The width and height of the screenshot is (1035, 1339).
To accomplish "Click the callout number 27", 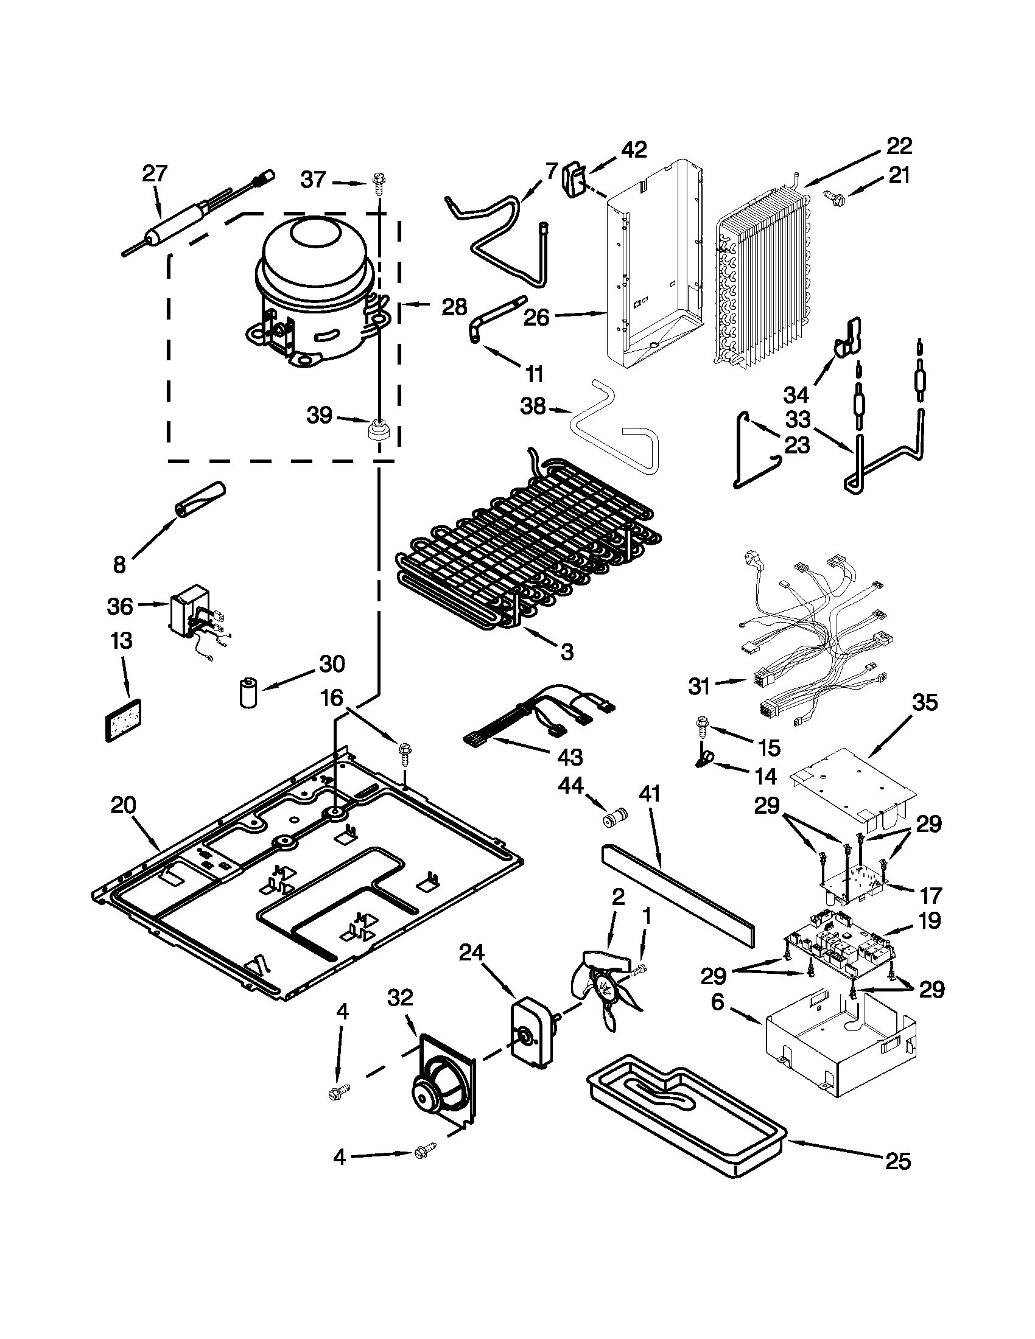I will [x=155, y=173].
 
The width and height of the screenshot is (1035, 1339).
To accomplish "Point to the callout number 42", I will [x=634, y=150].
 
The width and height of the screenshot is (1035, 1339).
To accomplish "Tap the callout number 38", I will [x=533, y=407].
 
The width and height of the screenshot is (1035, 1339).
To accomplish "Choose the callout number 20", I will [x=122, y=805].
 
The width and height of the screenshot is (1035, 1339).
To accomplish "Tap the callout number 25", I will [x=897, y=1161].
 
